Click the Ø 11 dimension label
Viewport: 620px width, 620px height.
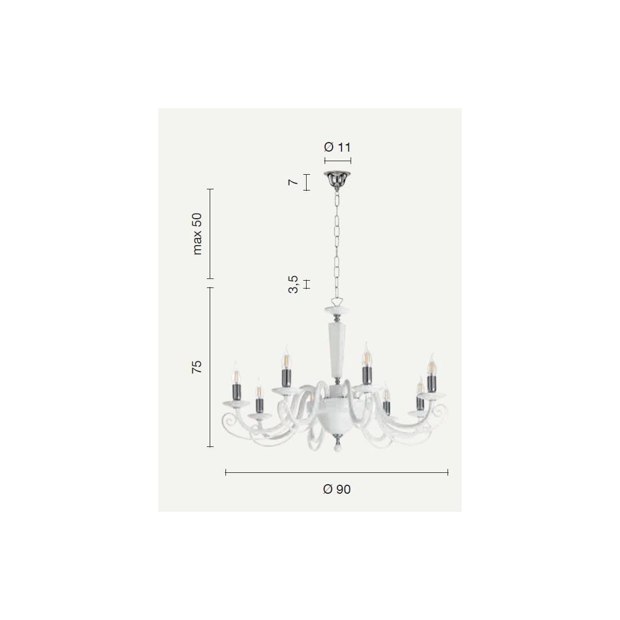pos(337,147)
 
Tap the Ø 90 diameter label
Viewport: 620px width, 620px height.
pos(337,489)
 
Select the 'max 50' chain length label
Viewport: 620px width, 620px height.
pos(197,234)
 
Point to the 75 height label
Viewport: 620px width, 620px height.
pos(197,367)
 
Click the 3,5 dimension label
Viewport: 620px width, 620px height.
pos(293,284)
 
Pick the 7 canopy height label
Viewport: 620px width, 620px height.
pos(293,182)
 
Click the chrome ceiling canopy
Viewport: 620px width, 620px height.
pos(337,180)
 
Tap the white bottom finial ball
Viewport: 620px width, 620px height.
pos(336,449)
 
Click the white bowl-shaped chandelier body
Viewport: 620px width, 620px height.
pos(336,415)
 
